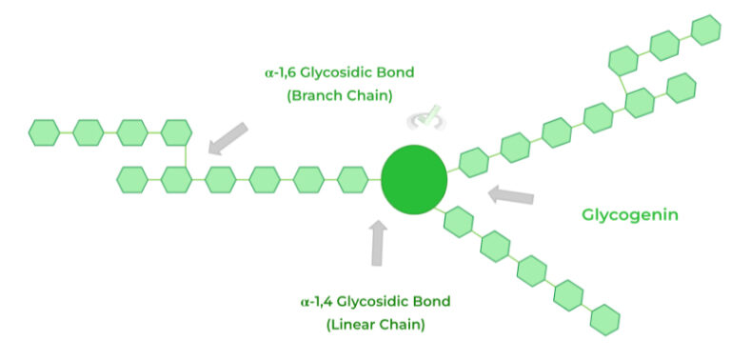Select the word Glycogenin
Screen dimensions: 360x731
tap(630, 215)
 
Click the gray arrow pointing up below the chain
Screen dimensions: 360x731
tap(378, 244)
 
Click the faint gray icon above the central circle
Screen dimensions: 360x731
tap(420, 120)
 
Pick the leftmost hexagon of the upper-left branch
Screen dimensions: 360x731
tap(45, 131)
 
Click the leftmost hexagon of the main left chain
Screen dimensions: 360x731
tap(132, 178)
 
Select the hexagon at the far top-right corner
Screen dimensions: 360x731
tap(706, 30)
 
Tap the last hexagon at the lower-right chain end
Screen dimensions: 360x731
tap(604, 318)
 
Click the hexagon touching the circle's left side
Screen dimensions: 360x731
tap(353, 178)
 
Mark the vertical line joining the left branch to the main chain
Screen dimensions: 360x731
tap(176, 155)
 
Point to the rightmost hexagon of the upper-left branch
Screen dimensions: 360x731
tap(176, 131)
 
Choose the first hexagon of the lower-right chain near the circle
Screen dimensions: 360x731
tap(459, 222)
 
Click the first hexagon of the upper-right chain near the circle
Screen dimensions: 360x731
tap(473, 162)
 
